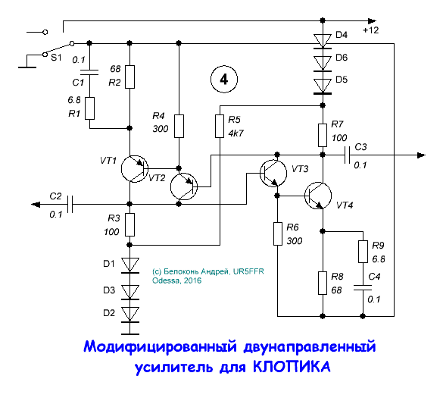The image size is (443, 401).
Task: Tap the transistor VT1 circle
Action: (x=137, y=169)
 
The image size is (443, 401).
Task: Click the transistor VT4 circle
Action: (x=322, y=196)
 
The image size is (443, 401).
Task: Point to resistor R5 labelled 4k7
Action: (x=220, y=127)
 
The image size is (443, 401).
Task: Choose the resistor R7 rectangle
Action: (x=323, y=134)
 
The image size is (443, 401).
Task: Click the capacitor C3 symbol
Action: (x=347, y=155)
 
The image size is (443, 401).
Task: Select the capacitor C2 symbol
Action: (x=70, y=203)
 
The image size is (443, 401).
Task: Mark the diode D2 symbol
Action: (x=131, y=313)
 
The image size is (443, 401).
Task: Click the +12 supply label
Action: (x=371, y=30)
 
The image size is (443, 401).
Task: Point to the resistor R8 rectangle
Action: (x=323, y=282)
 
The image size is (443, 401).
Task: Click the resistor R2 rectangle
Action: (x=130, y=77)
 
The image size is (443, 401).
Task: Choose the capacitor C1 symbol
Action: (x=90, y=73)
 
